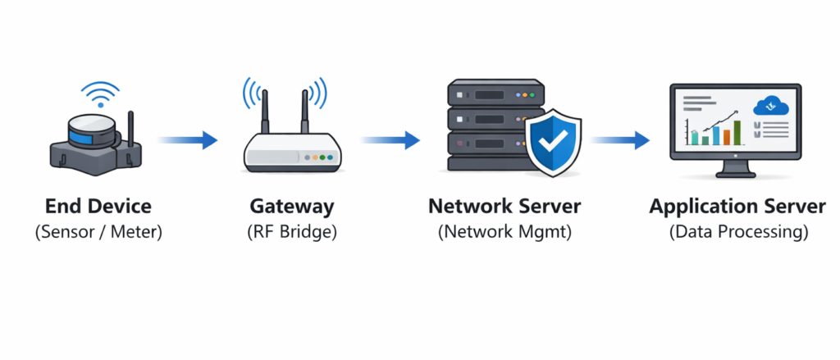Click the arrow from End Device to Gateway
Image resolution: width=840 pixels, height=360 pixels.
(x=187, y=140)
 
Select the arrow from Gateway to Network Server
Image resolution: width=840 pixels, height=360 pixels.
(x=390, y=140)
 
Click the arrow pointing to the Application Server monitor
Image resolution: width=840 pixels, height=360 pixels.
(x=621, y=140)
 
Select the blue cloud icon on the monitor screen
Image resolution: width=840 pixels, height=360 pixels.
(x=770, y=105)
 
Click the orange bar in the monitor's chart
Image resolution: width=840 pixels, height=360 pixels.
(x=725, y=136)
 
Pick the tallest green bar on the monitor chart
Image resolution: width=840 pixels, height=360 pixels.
(x=737, y=132)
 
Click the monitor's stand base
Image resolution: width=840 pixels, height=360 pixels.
(x=735, y=174)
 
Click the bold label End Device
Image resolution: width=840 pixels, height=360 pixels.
(x=98, y=206)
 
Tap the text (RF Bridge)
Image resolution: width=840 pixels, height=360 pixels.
(x=291, y=232)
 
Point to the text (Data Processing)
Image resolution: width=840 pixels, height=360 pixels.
(x=737, y=232)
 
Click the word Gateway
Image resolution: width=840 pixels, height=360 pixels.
(x=291, y=206)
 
